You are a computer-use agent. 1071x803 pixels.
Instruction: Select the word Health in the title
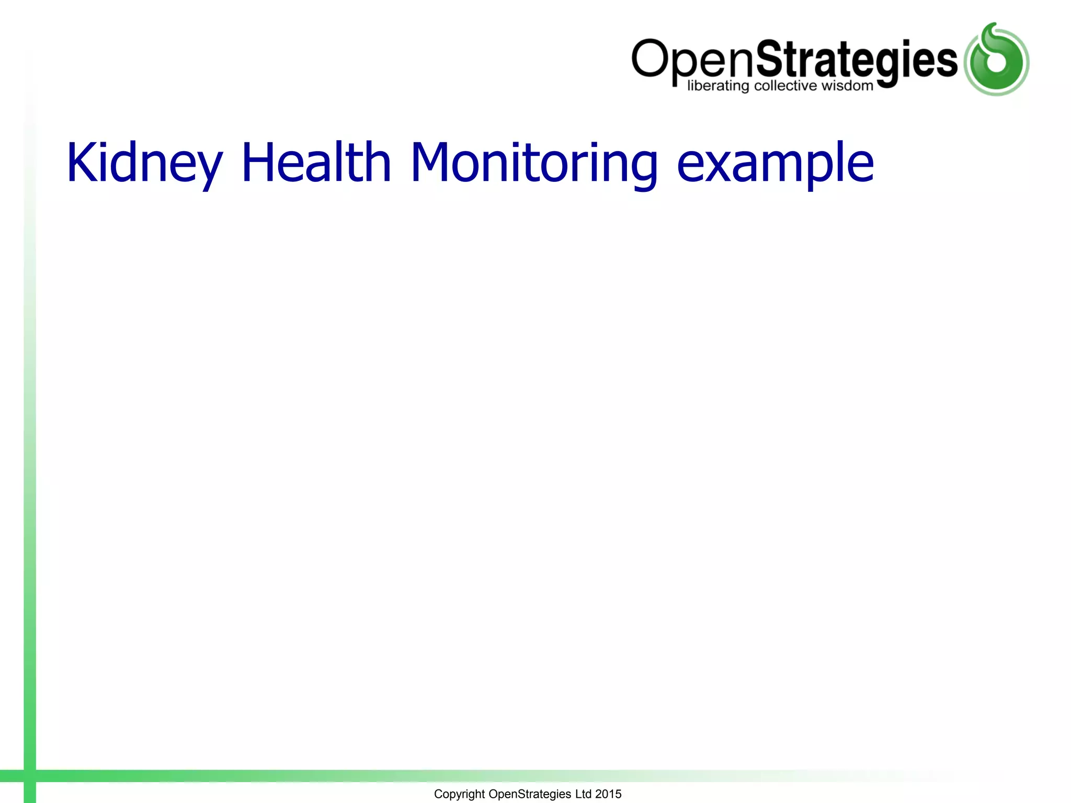click(x=316, y=163)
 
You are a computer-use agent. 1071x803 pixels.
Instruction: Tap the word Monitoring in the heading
click(x=534, y=163)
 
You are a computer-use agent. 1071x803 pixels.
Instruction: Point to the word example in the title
click(x=774, y=163)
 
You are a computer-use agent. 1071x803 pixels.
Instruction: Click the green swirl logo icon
click(x=996, y=60)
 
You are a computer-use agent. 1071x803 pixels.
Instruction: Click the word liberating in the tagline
click(x=717, y=86)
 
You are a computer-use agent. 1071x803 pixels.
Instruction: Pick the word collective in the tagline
click(x=785, y=86)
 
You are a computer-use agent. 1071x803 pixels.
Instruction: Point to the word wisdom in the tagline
click(x=847, y=86)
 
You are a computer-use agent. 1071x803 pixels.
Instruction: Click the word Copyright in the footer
click(x=459, y=794)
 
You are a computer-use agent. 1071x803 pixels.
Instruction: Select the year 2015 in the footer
click(x=608, y=794)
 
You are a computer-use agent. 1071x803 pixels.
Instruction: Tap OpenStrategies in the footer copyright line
click(x=529, y=794)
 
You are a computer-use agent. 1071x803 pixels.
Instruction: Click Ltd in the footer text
click(x=583, y=794)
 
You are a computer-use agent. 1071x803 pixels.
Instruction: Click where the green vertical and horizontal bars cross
click(x=30, y=776)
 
